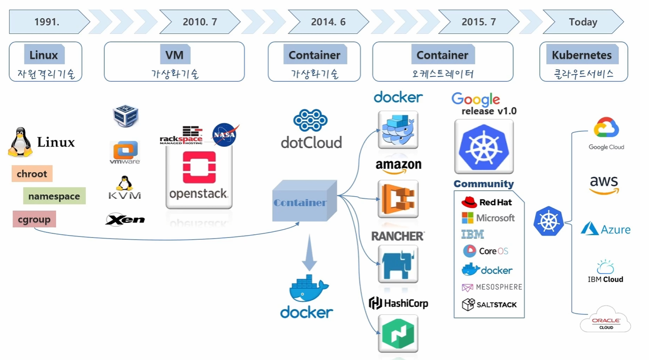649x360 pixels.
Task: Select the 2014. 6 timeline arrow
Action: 328,22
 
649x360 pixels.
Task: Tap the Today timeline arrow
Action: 583,22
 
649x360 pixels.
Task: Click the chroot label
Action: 32,174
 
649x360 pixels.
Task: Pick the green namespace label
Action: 54,196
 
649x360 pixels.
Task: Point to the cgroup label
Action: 34,219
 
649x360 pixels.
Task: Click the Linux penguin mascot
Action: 20,142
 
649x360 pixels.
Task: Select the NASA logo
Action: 225,135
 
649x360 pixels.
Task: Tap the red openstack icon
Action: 199,167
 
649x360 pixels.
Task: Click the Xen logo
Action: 125,220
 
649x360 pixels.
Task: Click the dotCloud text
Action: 311,142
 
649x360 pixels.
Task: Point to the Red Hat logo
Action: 487,202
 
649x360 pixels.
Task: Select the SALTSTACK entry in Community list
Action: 489,305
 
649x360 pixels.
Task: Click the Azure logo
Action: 605,230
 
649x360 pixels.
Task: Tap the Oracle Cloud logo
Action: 606,320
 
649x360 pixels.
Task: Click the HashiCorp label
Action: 398,303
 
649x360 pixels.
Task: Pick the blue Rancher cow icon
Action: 398,265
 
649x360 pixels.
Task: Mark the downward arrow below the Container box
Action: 309,253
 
